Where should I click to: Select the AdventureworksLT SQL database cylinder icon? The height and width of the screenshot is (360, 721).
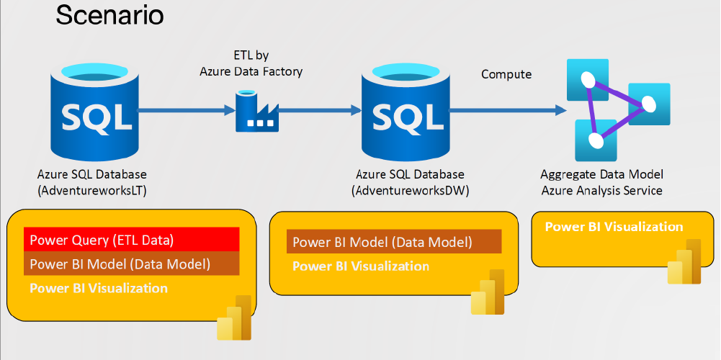(91, 111)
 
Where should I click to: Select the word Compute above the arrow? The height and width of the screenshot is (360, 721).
(506, 74)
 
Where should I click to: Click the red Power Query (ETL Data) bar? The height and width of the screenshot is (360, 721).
(131, 240)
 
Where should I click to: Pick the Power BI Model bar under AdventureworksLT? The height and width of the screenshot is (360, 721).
(131, 264)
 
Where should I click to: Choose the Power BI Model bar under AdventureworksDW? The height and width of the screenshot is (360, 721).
(393, 242)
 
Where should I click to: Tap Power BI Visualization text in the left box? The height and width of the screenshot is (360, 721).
(99, 289)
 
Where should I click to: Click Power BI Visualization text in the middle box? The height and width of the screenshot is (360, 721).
(361, 266)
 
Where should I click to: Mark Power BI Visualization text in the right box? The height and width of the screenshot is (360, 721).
(614, 227)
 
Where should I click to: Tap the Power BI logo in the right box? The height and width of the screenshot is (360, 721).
(684, 262)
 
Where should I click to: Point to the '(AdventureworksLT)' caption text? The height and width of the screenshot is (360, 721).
(91, 190)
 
